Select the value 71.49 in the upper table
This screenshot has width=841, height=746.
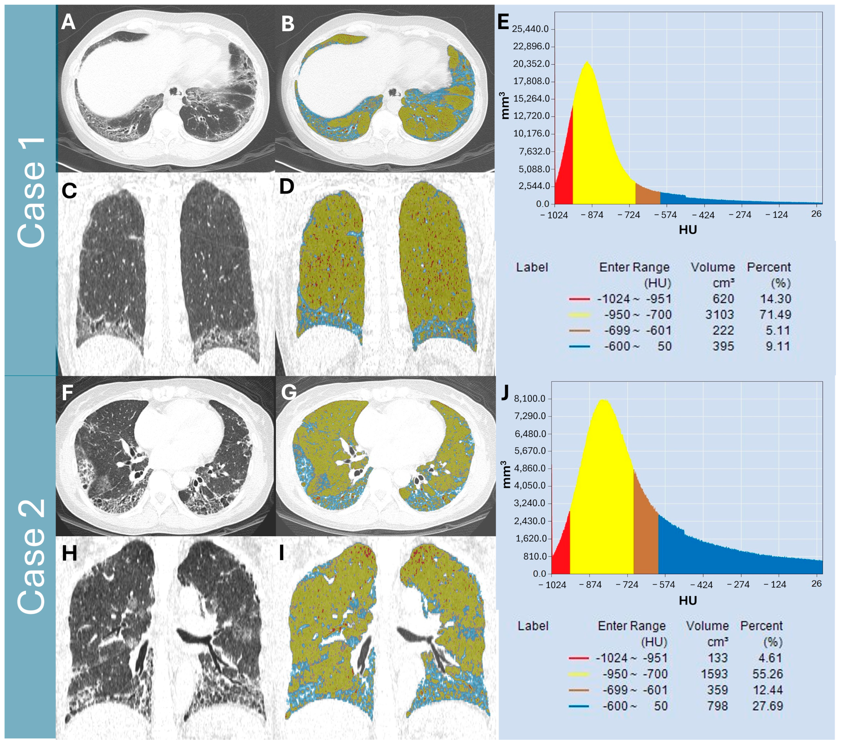pyautogui.click(x=775, y=315)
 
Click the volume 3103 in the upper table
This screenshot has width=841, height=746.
pyautogui.click(x=719, y=315)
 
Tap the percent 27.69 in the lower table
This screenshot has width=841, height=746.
pyautogui.click(x=767, y=706)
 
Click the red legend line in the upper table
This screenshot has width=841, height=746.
pyautogui.click(x=579, y=299)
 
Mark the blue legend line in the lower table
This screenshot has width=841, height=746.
pyautogui.click(x=578, y=706)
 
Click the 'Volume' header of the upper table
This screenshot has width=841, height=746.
pyautogui.click(x=713, y=267)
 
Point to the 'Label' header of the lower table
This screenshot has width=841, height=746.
pyautogui.click(x=533, y=626)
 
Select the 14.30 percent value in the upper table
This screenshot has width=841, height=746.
pyautogui.click(x=775, y=299)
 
